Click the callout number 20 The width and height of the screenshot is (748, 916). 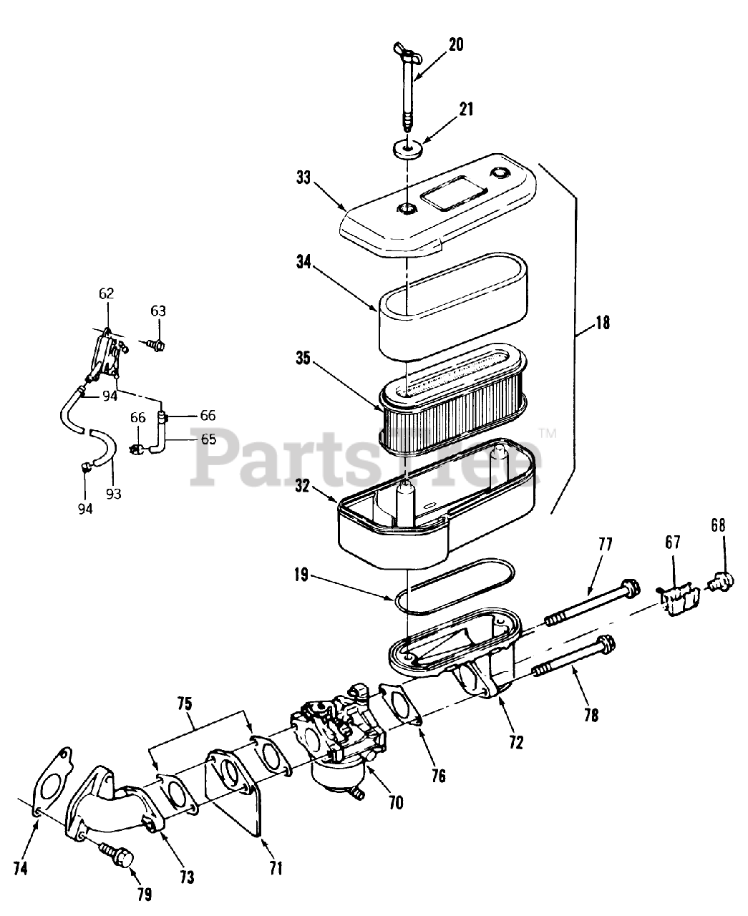tap(456, 44)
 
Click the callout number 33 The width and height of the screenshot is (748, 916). tap(303, 177)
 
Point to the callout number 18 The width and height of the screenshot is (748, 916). tap(602, 323)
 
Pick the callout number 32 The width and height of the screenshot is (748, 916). tap(302, 487)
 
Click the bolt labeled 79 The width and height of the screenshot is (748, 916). tap(119, 855)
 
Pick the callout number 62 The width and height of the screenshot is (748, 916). tap(107, 293)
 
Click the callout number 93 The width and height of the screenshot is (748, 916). tap(114, 493)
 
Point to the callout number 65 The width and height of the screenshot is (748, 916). tap(208, 439)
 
